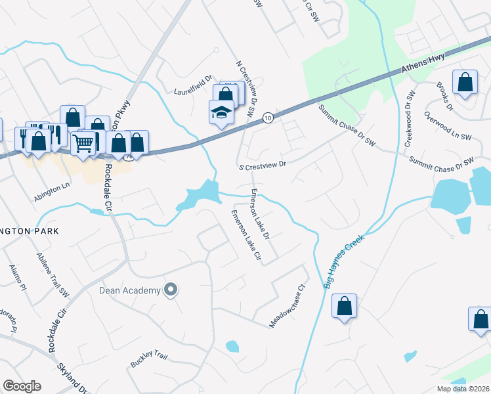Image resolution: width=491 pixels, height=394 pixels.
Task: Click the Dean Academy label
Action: coord(129,290)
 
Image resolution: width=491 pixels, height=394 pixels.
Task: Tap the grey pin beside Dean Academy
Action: coord(171,290)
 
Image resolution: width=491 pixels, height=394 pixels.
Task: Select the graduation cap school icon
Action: coord(222,112)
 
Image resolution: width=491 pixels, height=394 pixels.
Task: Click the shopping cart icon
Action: coord(83,142)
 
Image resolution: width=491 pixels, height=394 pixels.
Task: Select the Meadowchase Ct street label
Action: coord(288,306)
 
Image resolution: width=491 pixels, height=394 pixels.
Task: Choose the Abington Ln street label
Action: coord(52,186)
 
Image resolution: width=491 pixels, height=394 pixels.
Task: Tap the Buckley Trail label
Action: coord(149,360)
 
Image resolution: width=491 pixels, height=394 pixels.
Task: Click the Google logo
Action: coord(22,386)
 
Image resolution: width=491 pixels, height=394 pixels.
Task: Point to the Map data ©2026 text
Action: coord(462,389)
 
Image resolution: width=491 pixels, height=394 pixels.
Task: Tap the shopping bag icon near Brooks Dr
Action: coord(465,83)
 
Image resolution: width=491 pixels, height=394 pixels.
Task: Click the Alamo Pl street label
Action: coord(17,278)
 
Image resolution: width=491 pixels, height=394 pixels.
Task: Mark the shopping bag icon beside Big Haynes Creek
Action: coord(344,306)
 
